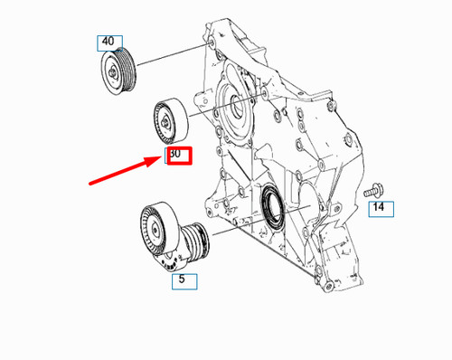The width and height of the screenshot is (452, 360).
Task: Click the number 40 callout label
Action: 108,42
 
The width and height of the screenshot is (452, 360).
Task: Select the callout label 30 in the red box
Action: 176,155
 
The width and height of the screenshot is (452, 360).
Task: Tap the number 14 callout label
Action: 381,209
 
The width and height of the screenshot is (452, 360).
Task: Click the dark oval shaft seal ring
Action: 273,204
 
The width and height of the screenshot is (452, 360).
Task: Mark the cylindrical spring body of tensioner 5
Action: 195,241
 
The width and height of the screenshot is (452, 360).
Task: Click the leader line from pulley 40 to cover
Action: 172,56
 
